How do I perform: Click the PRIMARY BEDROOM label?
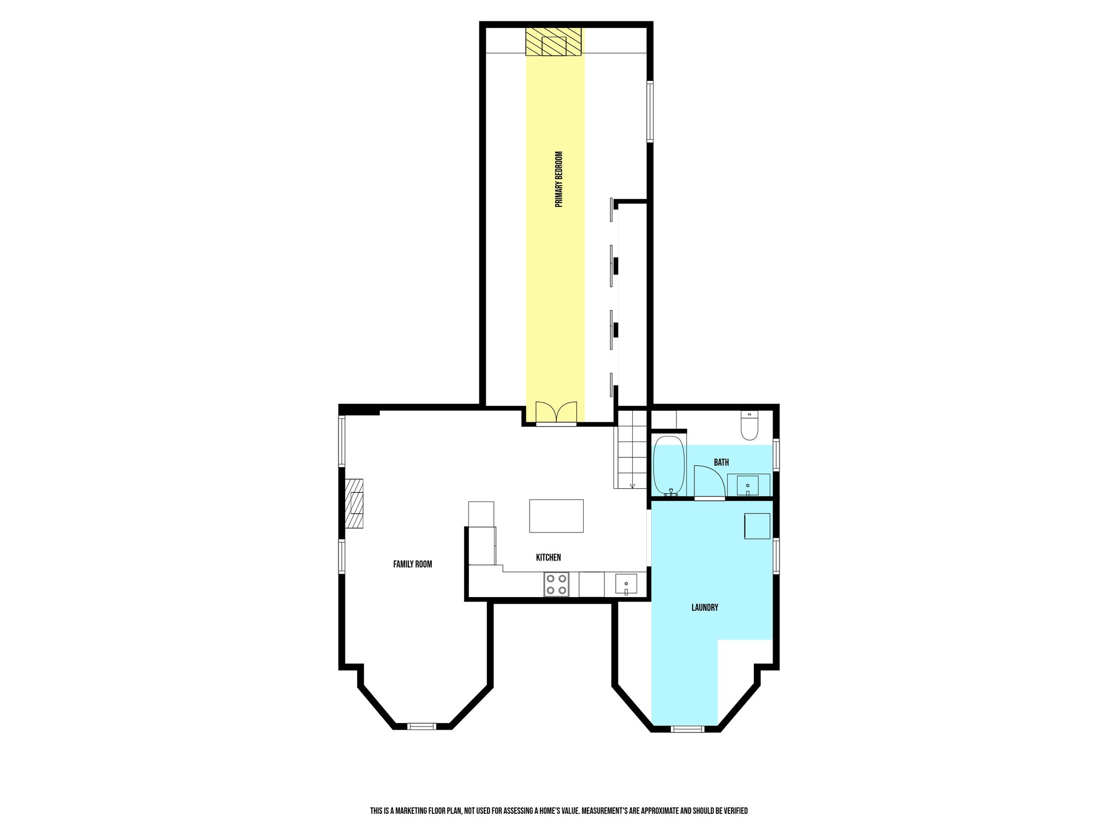click(x=558, y=179)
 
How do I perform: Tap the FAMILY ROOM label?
click(x=412, y=564)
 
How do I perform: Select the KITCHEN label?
click(x=548, y=557)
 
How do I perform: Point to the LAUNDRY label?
click(x=705, y=607)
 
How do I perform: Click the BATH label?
click(x=721, y=462)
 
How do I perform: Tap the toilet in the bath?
click(x=750, y=426)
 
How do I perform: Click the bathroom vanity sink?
click(x=747, y=485)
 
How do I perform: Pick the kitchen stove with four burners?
click(x=556, y=584)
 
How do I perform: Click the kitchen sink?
click(x=626, y=584)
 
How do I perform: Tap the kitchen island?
click(x=556, y=516)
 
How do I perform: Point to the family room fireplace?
click(x=354, y=504)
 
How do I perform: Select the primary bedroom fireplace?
click(x=554, y=42)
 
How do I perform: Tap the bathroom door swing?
click(x=709, y=482)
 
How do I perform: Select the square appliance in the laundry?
click(x=757, y=526)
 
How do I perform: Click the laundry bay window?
click(x=687, y=728)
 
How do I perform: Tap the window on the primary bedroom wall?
click(x=650, y=111)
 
